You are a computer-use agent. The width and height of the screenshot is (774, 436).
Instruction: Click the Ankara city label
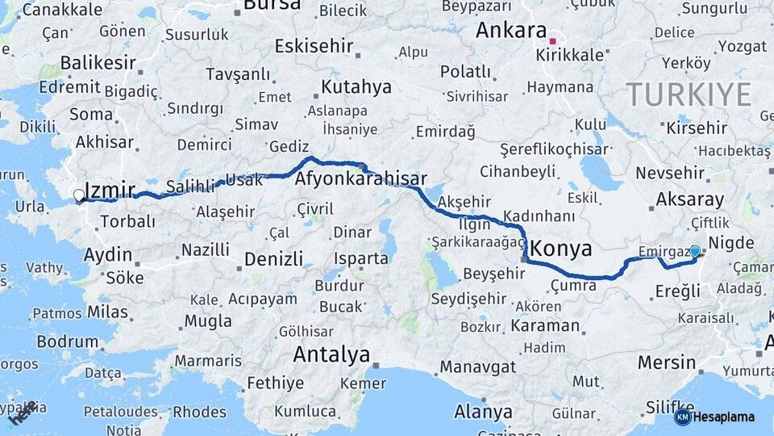pyautogui.click(x=511, y=31)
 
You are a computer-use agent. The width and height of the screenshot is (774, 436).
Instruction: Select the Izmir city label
pyautogui.click(x=109, y=191)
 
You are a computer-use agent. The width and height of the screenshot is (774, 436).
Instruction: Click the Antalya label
pyautogui.click(x=331, y=354)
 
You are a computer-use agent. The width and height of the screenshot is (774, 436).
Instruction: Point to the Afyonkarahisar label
pyautogui.click(x=361, y=178)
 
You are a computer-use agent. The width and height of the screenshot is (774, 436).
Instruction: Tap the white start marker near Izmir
pyautogui.click(x=79, y=195)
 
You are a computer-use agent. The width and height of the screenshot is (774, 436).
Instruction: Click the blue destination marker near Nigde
pyautogui.click(x=695, y=252)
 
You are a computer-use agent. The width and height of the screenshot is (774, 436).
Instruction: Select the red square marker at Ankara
pyautogui.click(x=552, y=40)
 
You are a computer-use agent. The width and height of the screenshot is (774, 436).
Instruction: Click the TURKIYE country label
pyautogui.click(x=689, y=95)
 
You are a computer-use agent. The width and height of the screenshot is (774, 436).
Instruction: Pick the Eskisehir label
pyautogui.click(x=314, y=46)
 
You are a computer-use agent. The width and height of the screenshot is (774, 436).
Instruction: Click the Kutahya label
pyautogui.click(x=356, y=86)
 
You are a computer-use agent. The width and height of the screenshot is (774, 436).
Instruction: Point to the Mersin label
pyautogui.click(x=666, y=363)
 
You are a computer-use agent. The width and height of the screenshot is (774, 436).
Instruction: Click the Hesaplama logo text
pyautogui.click(x=723, y=417)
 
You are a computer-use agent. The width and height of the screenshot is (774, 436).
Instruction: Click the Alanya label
pyautogui.click(x=483, y=412)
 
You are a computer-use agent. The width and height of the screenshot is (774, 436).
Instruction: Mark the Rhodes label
pyautogui.click(x=200, y=412)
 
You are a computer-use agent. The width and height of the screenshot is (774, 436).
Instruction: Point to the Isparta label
pyautogui.click(x=361, y=258)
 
